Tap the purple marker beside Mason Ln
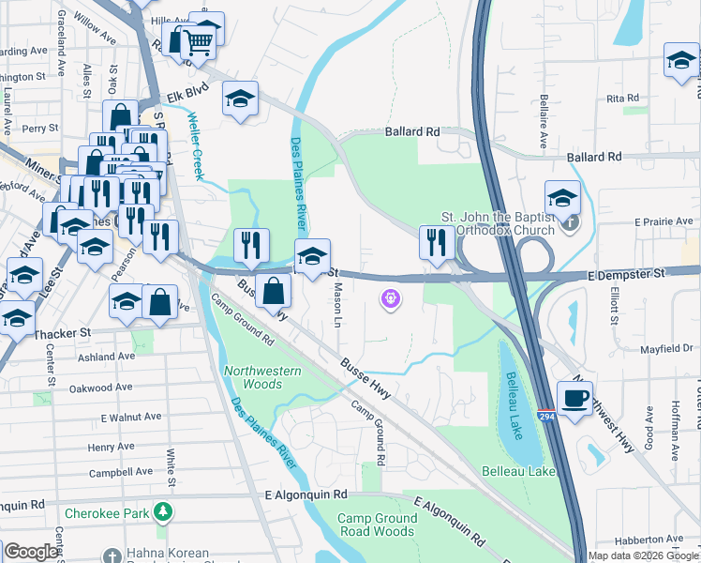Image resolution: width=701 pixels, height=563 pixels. [x=391, y=299]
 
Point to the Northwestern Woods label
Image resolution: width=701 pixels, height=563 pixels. [x=262, y=377]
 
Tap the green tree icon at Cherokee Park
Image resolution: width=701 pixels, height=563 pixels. [x=164, y=512]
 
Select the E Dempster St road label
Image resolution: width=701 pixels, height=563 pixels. [x=626, y=272]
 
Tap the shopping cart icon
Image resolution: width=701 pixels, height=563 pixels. [x=198, y=42]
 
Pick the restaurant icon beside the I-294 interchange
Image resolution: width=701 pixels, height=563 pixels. [x=436, y=243]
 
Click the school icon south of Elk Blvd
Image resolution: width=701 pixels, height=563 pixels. [x=240, y=99]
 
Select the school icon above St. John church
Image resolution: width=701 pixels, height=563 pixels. [x=562, y=198]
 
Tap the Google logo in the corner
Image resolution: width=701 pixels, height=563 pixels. [x=31, y=552]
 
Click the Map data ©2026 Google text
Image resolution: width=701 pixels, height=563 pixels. [x=643, y=555]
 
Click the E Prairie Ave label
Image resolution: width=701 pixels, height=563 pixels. [x=661, y=221]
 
